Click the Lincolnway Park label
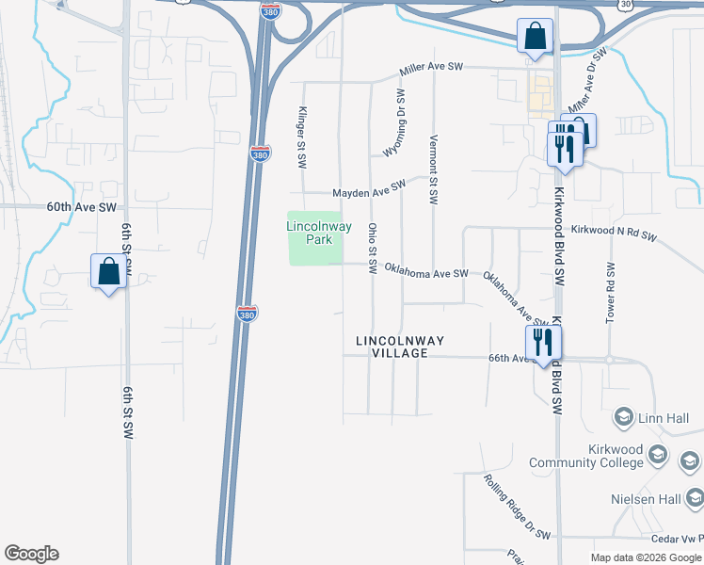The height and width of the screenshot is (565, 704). [x=311, y=233]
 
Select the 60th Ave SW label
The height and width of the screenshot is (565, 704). [x=82, y=206]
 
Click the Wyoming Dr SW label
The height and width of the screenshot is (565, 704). [x=394, y=124]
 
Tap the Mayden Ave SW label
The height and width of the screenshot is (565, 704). [x=369, y=190]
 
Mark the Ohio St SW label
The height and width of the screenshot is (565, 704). [x=372, y=249]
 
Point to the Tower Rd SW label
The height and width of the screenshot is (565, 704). [x=611, y=291]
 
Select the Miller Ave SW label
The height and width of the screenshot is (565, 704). [x=432, y=68]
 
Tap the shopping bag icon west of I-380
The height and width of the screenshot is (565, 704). [x=109, y=271]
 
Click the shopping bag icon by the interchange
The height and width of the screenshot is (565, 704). [x=535, y=37]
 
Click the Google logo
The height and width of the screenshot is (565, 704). [x=31, y=554]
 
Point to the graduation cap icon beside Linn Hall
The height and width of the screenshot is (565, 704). [x=623, y=417]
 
